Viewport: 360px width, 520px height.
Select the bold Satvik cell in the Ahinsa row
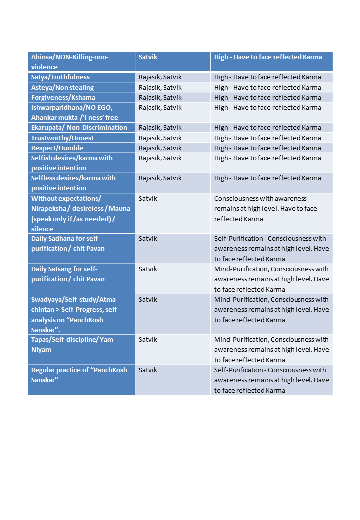click(x=148, y=57)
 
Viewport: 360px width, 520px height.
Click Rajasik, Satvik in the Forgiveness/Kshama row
click(x=160, y=97)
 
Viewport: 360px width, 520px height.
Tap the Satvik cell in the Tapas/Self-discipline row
click(x=148, y=340)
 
